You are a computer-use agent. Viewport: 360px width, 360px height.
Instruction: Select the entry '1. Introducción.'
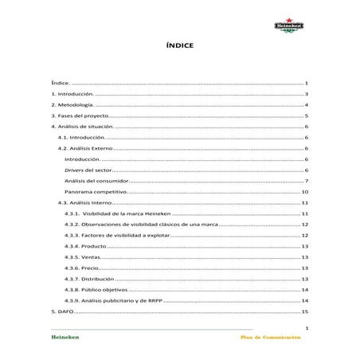[x=72, y=94]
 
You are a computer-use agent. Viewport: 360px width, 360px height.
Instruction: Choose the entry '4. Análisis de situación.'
[x=83, y=127]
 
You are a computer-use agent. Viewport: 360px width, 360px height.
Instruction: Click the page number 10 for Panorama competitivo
[x=305, y=193]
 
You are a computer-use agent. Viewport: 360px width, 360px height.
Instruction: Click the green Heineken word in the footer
[x=65, y=338]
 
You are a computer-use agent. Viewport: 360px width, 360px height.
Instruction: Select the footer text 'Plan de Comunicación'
[x=271, y=338]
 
